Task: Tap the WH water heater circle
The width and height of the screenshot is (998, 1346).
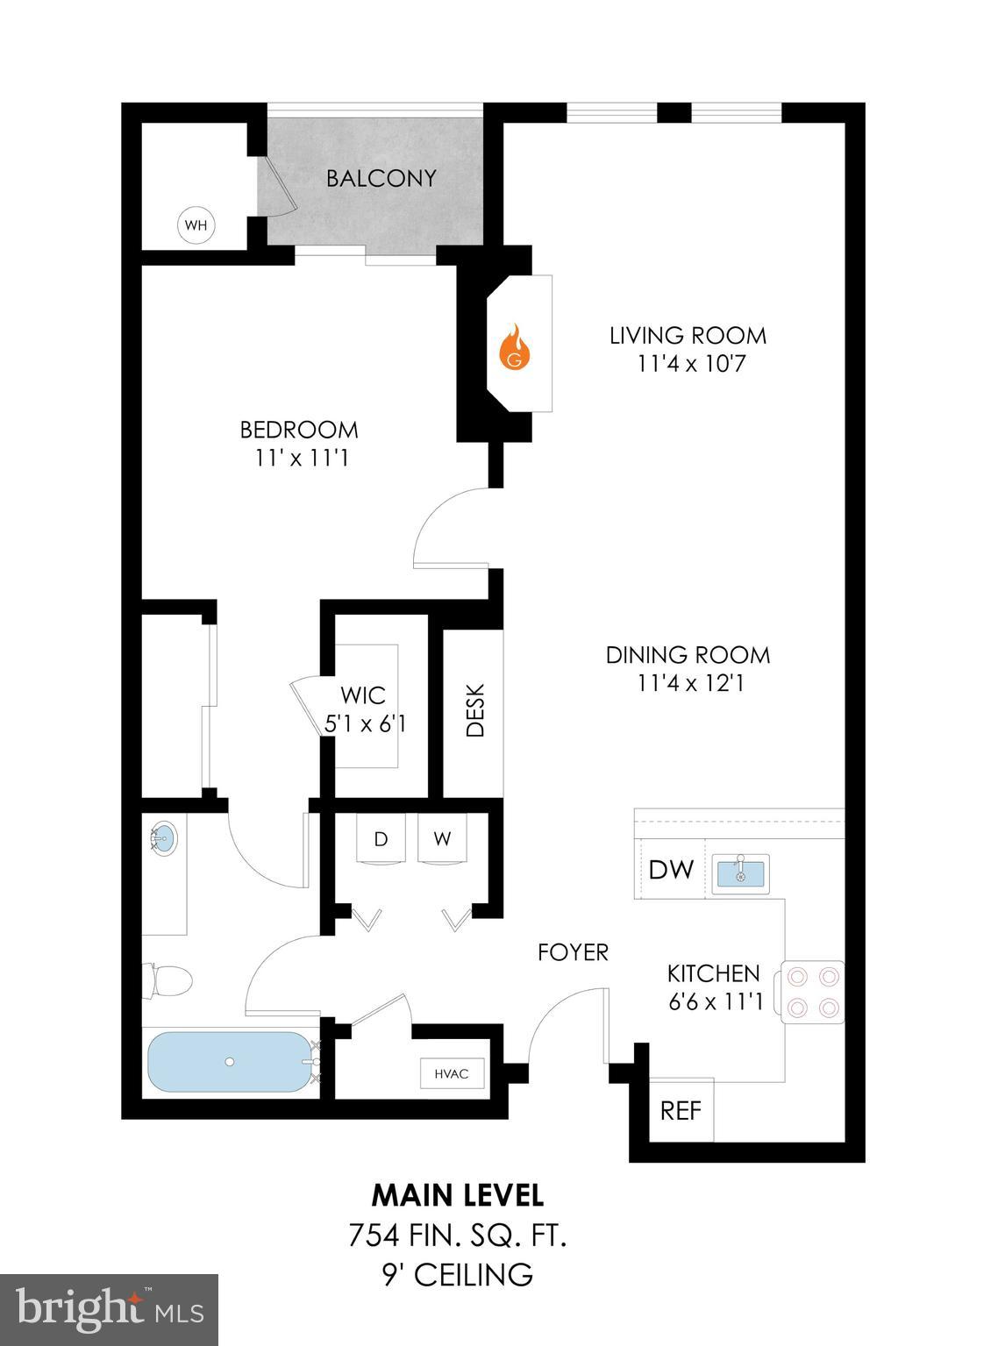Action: pyautogui.click(x=196, y=225)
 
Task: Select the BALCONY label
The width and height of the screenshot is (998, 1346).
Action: pyautogui.click(x=381, y=179)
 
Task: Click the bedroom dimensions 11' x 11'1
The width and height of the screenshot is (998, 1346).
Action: pyautogui.click(x=300, y=458)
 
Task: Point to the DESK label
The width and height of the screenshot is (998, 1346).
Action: pyautogui.click(x=474, y=709)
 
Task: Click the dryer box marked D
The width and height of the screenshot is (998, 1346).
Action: pyautogui.click(x=381, y=839)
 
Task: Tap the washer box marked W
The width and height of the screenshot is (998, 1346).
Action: pyautogui.click(x=442, y=839)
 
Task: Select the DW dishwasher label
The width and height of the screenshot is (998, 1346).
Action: pyautogui.click(x=671, y=870)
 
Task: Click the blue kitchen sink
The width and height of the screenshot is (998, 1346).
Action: pyautogui.click(x=740, y=873)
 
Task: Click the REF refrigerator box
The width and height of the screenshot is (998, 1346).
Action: pyautogui.click(x=681, y=1110)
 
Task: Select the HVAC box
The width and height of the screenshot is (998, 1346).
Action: pyautogui.click(x=451, y=1073)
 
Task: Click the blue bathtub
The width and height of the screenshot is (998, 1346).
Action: pyautogui.click(x=229, y=1061)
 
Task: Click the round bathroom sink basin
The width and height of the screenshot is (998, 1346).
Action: pyautogui.click(x=162, y=838)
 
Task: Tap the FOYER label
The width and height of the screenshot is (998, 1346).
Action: pyautogui.click(x=573, y=952)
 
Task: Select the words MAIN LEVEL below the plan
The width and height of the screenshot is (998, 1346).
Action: pyautogui.click(x=457, y=1194)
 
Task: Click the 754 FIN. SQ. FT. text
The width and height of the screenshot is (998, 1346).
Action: pyautogui.click(x=457, y=1236)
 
